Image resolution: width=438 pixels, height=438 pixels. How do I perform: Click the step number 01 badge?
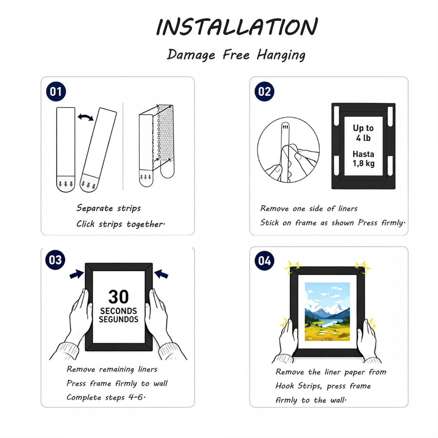click(56, 92)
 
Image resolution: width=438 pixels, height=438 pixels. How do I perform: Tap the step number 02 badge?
click(264, 92)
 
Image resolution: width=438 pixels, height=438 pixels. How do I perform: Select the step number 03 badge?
click(55, 260)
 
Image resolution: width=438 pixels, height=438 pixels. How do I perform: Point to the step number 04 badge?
click(264, 260)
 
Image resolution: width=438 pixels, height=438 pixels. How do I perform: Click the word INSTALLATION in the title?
click(237, 27)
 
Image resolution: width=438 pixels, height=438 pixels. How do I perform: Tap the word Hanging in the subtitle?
click(281, 55)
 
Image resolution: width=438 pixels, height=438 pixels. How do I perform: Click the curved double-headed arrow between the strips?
click(86, 117)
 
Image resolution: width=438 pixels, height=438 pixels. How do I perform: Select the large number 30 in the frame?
click(118, 297)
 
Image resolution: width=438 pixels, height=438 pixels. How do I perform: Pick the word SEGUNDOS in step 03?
click(118, 319)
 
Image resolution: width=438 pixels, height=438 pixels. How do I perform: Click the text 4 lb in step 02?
click(363, 138)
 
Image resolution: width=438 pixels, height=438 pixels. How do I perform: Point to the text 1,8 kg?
click(364, 163)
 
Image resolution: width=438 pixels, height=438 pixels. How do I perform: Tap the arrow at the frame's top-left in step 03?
click(76, 274)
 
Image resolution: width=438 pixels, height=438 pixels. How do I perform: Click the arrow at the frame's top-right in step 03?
click(161, 274)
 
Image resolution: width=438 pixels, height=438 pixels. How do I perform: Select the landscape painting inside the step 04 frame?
click(327, 311)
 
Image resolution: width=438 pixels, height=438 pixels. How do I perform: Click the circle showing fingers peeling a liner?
click(288, 150)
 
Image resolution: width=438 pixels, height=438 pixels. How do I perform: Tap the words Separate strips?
click(109, 208)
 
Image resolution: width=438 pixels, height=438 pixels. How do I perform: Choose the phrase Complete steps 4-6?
click(106, 397)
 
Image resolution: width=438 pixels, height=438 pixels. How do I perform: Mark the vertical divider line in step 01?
click(123, 146)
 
